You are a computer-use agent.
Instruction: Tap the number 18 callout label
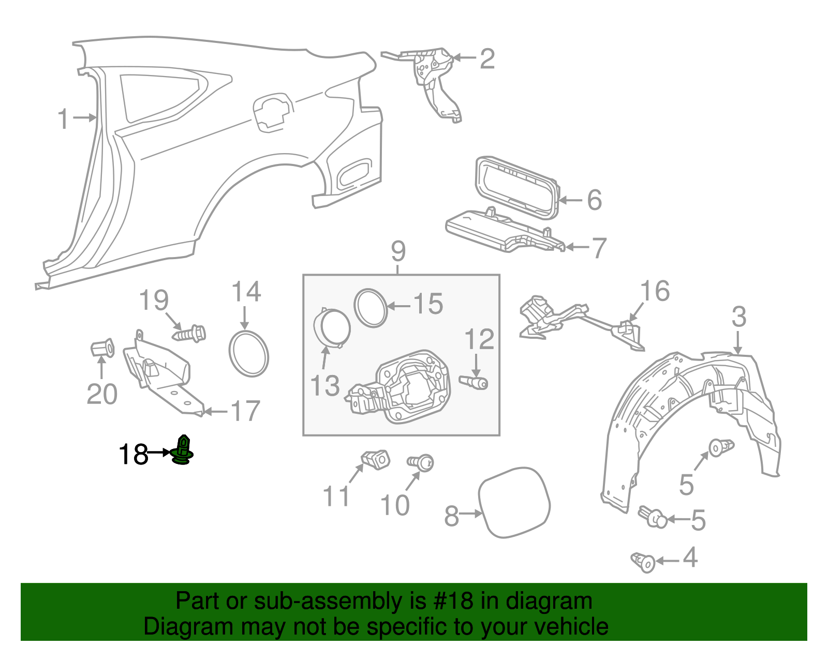133,455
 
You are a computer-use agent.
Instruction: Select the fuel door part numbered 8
514,502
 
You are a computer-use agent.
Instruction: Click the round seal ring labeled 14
249,354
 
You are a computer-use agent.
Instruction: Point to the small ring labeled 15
371,308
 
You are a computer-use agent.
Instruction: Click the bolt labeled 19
189,333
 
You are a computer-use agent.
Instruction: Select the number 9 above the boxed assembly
398,252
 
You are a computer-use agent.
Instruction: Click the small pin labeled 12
474,382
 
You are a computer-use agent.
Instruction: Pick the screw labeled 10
421,462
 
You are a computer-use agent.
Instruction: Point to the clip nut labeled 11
375,459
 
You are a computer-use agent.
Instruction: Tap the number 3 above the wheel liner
739,317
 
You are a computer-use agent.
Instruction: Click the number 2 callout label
487,59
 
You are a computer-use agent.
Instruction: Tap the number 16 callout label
655,291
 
